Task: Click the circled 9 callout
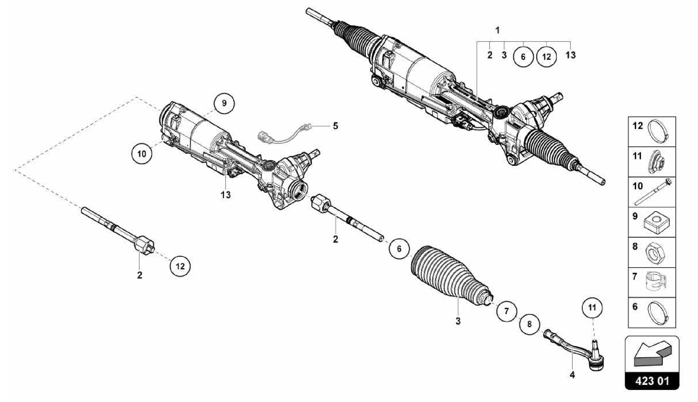224,103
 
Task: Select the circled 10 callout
142,154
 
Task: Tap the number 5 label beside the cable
335,126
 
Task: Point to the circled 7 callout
506,311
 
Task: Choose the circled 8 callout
529,324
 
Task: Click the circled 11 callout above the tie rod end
592,308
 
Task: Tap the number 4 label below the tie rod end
572,375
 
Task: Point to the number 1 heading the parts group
498,30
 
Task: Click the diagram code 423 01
652,381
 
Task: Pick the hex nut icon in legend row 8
655,253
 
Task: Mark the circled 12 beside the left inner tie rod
180,266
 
